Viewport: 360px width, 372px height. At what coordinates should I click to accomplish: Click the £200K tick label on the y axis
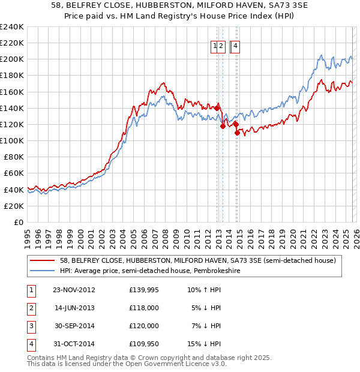tap(11, 59)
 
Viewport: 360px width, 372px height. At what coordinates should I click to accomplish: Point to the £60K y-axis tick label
tap(13, 173)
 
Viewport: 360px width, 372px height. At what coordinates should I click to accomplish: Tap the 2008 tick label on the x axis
tap(165, 236)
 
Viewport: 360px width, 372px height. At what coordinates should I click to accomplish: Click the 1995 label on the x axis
tap(27, 236)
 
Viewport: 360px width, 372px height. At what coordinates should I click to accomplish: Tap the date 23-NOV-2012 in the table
tap(74, 290)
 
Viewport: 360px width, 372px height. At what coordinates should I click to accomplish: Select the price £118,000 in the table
tap(144, 308)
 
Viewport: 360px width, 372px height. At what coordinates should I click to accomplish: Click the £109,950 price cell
tap(144, 344)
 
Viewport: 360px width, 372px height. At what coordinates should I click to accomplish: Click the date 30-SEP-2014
tap(74, 326)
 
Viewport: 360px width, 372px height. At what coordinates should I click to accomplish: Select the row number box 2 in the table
tap(31, 308)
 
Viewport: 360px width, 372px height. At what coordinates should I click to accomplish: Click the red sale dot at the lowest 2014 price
tap(237, 133)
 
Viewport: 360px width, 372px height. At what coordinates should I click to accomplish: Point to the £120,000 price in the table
tap(144, 326)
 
